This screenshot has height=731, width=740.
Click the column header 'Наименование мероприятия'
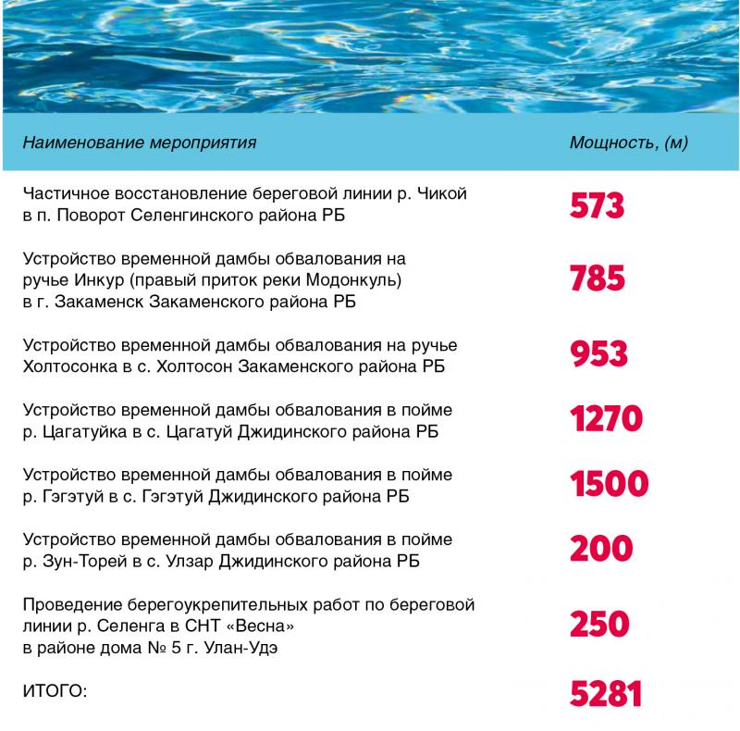[140, 142]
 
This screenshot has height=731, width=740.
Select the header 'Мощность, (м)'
[629, 142]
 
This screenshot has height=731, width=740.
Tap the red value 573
[597, 206]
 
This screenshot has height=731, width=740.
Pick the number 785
[598, 279]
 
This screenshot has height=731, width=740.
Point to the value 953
[598, 354]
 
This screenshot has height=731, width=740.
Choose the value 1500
[610, 484]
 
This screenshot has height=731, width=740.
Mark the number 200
[601, 549]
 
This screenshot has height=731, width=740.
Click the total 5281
[606, 693]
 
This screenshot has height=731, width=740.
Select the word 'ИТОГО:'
[55, 690]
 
